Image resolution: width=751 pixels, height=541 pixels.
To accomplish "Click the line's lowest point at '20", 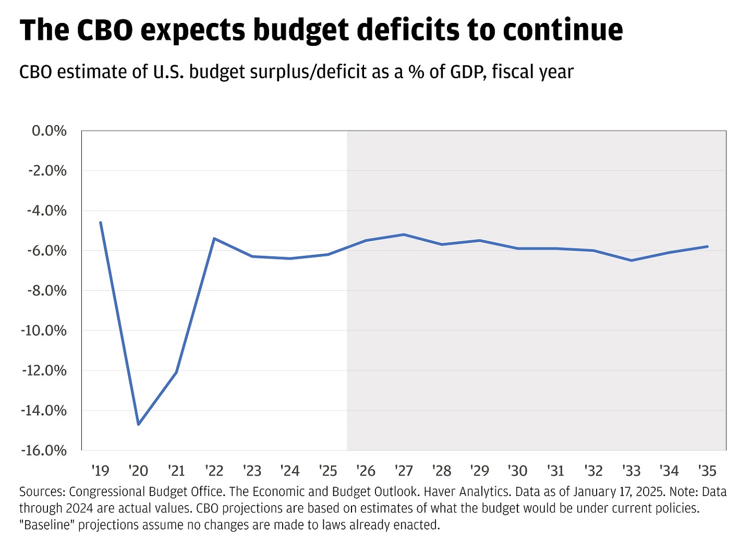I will click(138, 424).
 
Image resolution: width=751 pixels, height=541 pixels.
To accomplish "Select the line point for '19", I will click(100, 223).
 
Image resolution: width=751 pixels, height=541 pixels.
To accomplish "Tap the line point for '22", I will click(214, 238).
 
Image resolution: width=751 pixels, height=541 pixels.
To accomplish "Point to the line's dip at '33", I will click(632, 260).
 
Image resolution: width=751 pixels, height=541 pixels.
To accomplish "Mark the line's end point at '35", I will click(708, 246).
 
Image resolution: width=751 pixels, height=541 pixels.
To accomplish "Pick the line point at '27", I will click(404, 235).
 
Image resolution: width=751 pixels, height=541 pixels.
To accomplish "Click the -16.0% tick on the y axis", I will click(44, 450).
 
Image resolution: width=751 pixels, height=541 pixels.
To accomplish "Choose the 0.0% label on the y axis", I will click(49, 131).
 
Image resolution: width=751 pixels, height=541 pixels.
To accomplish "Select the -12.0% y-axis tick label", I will click(44, 371).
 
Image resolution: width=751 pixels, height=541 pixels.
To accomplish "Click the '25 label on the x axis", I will click(328, 471).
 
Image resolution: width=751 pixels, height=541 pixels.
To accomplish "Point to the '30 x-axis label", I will click(517, 471).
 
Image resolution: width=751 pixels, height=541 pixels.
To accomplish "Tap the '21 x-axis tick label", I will click(176, 471).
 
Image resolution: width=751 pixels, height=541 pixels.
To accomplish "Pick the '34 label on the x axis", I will click(669, 471).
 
